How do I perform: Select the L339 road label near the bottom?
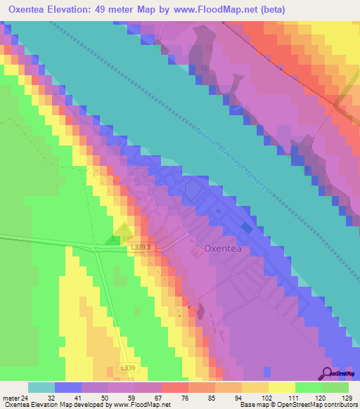pos(127,368)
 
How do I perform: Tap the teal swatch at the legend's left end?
pos(41,387)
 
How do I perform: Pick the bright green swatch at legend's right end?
pos(335,387)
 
